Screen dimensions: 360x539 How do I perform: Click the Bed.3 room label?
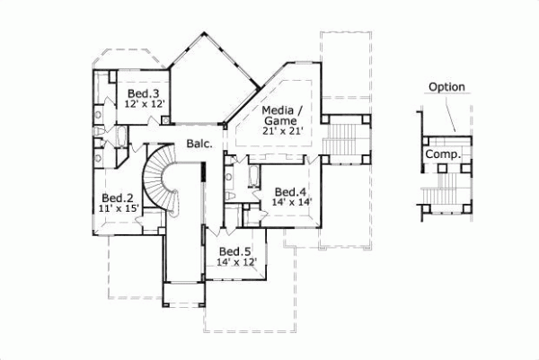tap(144, 93)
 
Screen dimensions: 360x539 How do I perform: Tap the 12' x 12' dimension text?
tap(144, 104)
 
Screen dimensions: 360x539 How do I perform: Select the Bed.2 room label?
tap(118, 198)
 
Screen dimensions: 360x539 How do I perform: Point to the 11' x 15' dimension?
tap(118, 208)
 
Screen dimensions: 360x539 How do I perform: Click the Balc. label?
tap(199, 143)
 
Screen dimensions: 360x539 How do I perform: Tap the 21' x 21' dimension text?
tap(281, 132)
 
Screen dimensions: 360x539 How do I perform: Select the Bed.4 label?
tap(290, 191)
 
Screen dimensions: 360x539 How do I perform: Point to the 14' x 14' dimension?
tap(290, 203)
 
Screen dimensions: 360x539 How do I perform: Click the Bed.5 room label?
tap(235, 250)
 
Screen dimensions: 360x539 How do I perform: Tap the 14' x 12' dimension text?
tap(236, 262)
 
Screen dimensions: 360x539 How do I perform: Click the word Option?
tap(446, 87)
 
